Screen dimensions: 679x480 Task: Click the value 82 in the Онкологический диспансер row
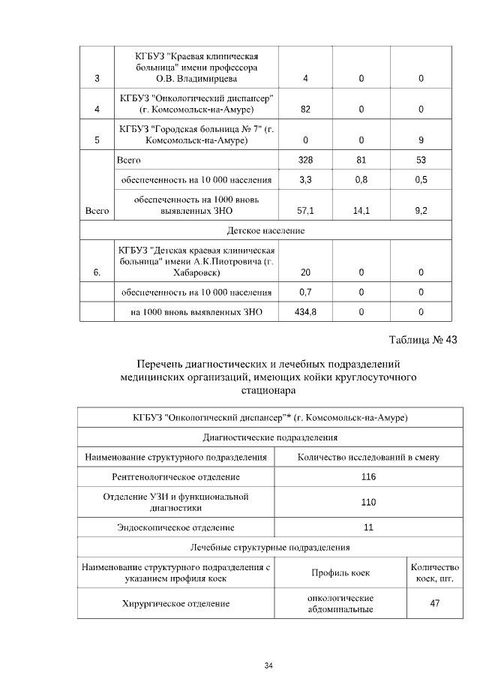305,110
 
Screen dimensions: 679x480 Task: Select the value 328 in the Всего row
305,161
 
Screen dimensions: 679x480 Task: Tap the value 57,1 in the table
306,212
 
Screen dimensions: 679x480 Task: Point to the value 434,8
307,311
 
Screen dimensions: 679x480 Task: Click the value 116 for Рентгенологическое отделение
367,477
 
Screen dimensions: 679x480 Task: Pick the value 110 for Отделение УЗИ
367,503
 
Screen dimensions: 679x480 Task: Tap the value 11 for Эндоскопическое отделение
368,527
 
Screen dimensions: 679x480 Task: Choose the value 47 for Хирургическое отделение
434,603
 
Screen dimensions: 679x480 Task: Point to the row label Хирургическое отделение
176,603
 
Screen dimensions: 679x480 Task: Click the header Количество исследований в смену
367,456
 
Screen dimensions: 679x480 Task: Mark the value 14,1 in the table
361,212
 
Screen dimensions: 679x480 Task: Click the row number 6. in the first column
97,272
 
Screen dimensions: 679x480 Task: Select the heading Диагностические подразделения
269,437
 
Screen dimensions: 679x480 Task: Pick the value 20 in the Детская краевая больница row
305,272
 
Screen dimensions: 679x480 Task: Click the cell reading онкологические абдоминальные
340,603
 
